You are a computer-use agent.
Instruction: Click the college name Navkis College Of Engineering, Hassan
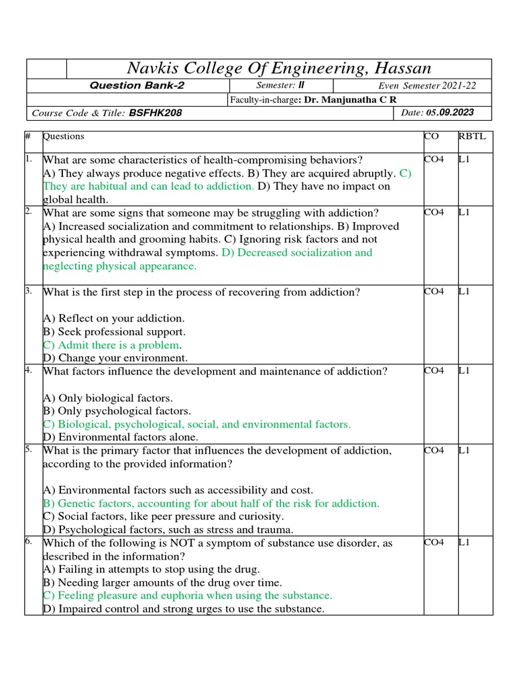[279, 68]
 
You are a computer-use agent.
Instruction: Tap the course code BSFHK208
[155, 113]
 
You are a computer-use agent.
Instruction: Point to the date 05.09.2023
[450, 113]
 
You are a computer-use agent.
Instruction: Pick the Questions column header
[64, 136]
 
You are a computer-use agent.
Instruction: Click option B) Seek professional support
[114, 331]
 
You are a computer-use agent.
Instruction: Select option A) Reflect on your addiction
[113, 318]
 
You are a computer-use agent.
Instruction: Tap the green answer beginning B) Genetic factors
[211, 503]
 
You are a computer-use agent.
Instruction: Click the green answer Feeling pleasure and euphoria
[187, 596]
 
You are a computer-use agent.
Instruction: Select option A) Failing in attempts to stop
[151, 569]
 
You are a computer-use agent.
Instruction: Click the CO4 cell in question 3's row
[434, 292]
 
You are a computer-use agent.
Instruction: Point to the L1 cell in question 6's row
[464, 543]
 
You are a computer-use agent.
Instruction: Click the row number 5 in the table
[29, 450]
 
